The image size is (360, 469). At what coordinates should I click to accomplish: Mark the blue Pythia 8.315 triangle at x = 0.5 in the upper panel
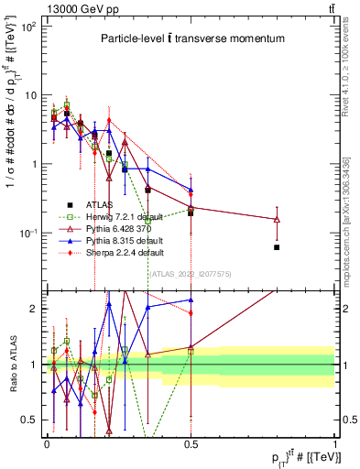coord(191,191)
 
